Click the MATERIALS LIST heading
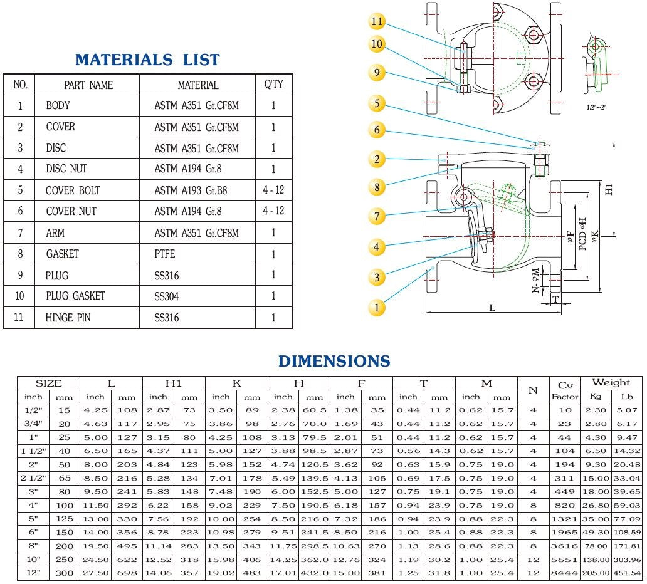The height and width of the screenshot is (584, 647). point(147,60)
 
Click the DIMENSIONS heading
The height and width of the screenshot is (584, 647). point(334,361)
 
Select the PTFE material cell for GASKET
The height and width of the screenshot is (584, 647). point(165,254)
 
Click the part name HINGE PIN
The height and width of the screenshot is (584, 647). point(68,318)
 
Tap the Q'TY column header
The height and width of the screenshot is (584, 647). point(273,84)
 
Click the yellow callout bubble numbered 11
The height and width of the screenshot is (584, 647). point(376,22)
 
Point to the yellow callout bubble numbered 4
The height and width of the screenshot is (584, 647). point(376,247)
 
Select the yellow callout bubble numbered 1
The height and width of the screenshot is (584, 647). point(377,307)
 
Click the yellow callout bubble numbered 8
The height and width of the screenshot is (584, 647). point(376,187)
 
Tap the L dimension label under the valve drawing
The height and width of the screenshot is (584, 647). point(492,308)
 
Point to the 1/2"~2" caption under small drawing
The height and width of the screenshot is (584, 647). point(596,107)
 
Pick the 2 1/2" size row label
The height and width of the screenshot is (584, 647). point(33,478)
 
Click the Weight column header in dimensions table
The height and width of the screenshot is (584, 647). point(611,382)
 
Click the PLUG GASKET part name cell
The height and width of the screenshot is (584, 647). point(75,296)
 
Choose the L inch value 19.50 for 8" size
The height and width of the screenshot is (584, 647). point(95,546)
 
